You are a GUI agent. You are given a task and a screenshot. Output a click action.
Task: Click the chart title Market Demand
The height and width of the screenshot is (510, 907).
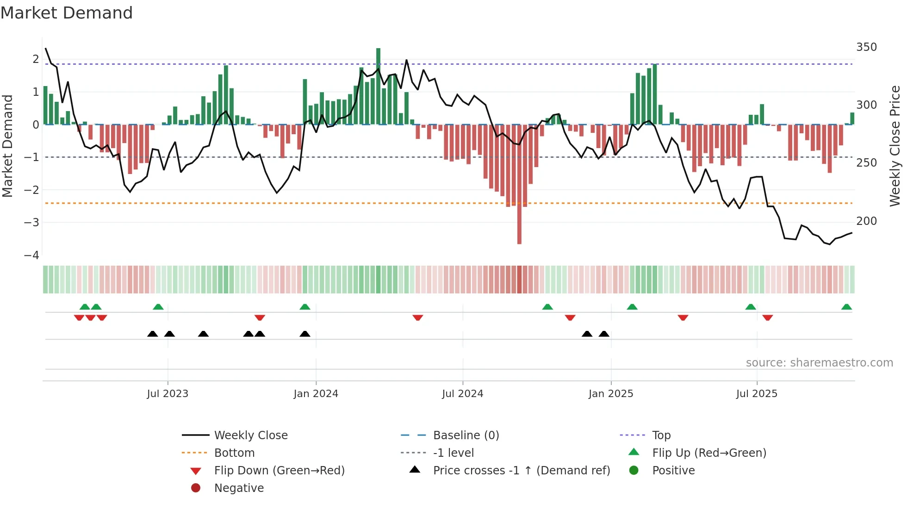coord(67,12)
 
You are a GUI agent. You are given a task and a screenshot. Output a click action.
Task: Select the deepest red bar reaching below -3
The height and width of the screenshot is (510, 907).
coord(519,185)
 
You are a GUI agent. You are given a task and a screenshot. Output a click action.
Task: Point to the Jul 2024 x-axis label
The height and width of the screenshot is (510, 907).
coord(462,393)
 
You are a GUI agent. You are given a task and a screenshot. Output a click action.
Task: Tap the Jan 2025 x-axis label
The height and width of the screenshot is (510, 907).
coord(610,393)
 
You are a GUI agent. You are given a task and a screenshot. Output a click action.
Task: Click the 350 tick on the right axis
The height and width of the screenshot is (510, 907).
coord(866,47)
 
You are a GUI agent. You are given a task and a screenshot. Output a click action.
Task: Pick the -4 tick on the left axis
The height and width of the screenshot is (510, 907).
coord(31,255)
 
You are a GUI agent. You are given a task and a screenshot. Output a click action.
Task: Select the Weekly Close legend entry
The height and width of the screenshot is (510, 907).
coord(250,435)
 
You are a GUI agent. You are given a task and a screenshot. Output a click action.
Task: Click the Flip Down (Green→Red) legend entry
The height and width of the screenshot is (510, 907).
coord(279,470)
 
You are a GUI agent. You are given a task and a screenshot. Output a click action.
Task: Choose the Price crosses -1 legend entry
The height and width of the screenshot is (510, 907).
coord(521,470)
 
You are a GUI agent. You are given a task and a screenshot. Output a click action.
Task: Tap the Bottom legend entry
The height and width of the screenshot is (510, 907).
coord(234,453)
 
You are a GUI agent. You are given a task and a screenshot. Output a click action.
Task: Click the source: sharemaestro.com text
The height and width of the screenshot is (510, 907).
coord(819,362)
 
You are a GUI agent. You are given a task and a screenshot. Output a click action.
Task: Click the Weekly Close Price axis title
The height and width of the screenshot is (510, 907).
coord(895,146)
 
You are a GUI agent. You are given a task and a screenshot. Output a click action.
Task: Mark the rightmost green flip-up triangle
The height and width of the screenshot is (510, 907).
coord(846,307)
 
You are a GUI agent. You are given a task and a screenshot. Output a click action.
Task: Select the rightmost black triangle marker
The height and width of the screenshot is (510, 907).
coord(604,334)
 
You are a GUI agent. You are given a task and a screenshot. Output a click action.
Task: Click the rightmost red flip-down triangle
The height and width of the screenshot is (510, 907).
coord(767,317)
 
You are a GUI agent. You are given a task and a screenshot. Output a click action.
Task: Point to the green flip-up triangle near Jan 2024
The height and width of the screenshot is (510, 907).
coord(304,307)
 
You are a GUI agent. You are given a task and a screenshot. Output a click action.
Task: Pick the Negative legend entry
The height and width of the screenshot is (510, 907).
coord(239,488)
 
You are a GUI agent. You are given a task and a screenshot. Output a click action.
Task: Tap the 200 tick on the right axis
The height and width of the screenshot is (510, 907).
coord(866,221)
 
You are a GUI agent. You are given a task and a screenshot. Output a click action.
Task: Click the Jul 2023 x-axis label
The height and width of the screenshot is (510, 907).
coord(168,393)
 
